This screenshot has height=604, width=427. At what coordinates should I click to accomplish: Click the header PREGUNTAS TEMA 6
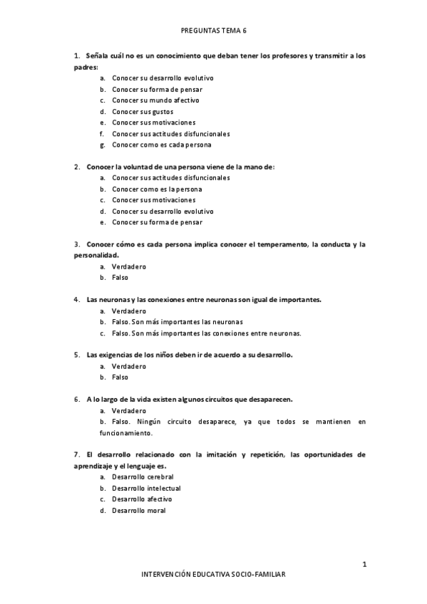(214, 31)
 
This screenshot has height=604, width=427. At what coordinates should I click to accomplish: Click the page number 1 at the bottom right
(364, 565)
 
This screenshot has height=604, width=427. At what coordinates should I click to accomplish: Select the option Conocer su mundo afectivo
(145, 100)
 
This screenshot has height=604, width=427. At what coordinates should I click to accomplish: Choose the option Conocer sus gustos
(143, 112)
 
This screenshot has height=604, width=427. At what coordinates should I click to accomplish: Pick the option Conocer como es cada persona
(162, 145)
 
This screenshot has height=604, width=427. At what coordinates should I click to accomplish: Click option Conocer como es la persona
(157, 189)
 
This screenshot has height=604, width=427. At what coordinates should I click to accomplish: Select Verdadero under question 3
(129, 266)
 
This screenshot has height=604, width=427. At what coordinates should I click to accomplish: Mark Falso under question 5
(120, 377)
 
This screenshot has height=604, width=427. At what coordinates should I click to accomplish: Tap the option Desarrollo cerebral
(143, 477)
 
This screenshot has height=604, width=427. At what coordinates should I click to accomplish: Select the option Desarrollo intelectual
(146, 488)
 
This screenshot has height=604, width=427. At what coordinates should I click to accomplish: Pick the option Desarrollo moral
(138, 510)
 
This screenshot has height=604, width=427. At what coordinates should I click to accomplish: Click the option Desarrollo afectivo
(142, 499)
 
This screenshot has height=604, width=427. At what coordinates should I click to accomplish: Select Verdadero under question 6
(129, 410)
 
